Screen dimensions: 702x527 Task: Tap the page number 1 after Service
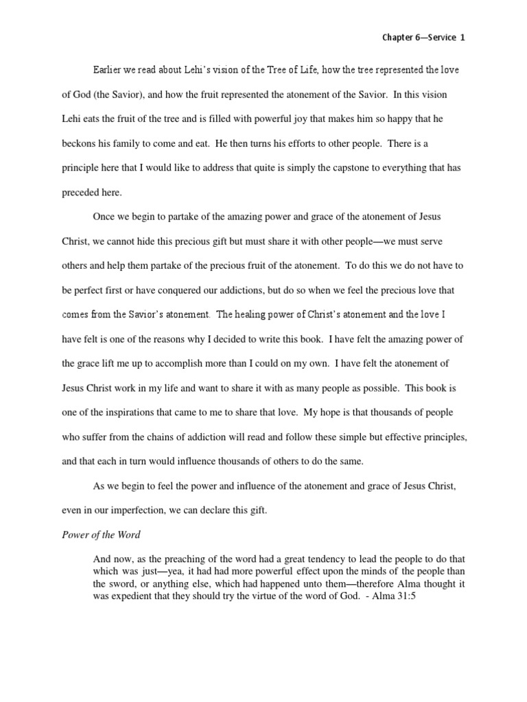(x=462, y=38)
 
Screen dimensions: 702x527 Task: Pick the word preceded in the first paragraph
(x=81, y=193)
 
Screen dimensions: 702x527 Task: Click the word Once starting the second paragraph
(x=104, y=217)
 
